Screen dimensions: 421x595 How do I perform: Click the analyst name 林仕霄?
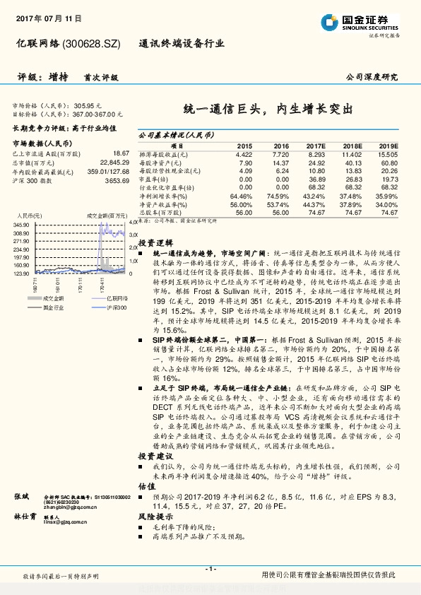[x=25, y=518]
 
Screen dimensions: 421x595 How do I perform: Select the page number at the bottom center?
[x=210, y=568]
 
